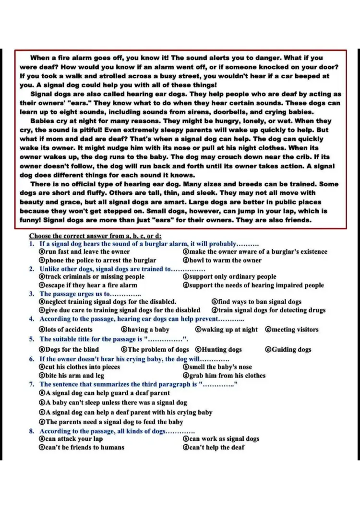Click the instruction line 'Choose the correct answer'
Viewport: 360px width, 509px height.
tap(95, 236)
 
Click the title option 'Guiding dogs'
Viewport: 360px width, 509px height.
tap(291, 349)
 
